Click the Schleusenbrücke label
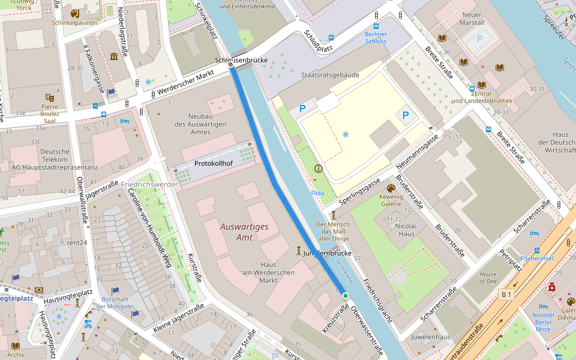(x=241, y=61)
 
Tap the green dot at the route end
(x=346, y=296)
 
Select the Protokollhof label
(x=213, y=163)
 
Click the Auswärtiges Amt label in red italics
(x=244, y=232)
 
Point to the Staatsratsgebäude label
(x=330, y=75)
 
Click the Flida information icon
(x=318, y=169)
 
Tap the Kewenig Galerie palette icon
(x=391, y=188)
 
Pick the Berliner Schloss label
(x=376, y=38)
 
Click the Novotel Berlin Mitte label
(x=543, y=322)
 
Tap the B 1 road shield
(x=507, y=294)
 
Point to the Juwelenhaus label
(x=430, y=337)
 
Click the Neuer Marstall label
(x=473, y=19)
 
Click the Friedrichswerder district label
(x=149, y=184)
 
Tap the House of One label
(x=488, y=278)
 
